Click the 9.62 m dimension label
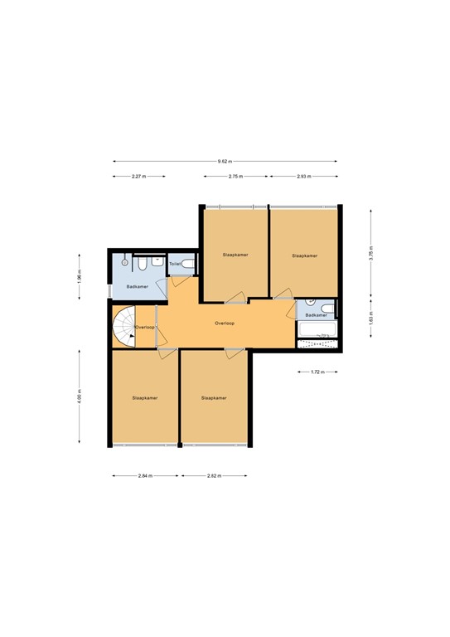pyautogui.click(x=225, y=161)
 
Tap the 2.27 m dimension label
pyautogui.click(x=138, y=177)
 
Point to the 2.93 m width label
pyautogui.click(x=302, y=177)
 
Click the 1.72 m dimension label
pyautogui.click(x=317, y=372)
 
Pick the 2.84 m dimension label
pyautogui.click(x=145, y=475)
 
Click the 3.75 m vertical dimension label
pyautogui.click(x=372, y=252)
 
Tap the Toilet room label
pyautogui.click(x=175, y=265)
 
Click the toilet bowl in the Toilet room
pyautogui.click(x=188, y=265)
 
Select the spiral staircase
pyautogui.click(x=124, y=327)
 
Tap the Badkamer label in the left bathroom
pyautogui.click(x=138, y=286)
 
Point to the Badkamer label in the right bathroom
pyautogui.click(x=316, y=316)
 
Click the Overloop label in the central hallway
pyautogui.click(x=225, y=323)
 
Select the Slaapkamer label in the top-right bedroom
pyautogui.click(x=304, y=256)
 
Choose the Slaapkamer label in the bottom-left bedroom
pyautogui.click(x=145, y=397)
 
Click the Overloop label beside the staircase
pyautogui.click(x=145, y=328)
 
